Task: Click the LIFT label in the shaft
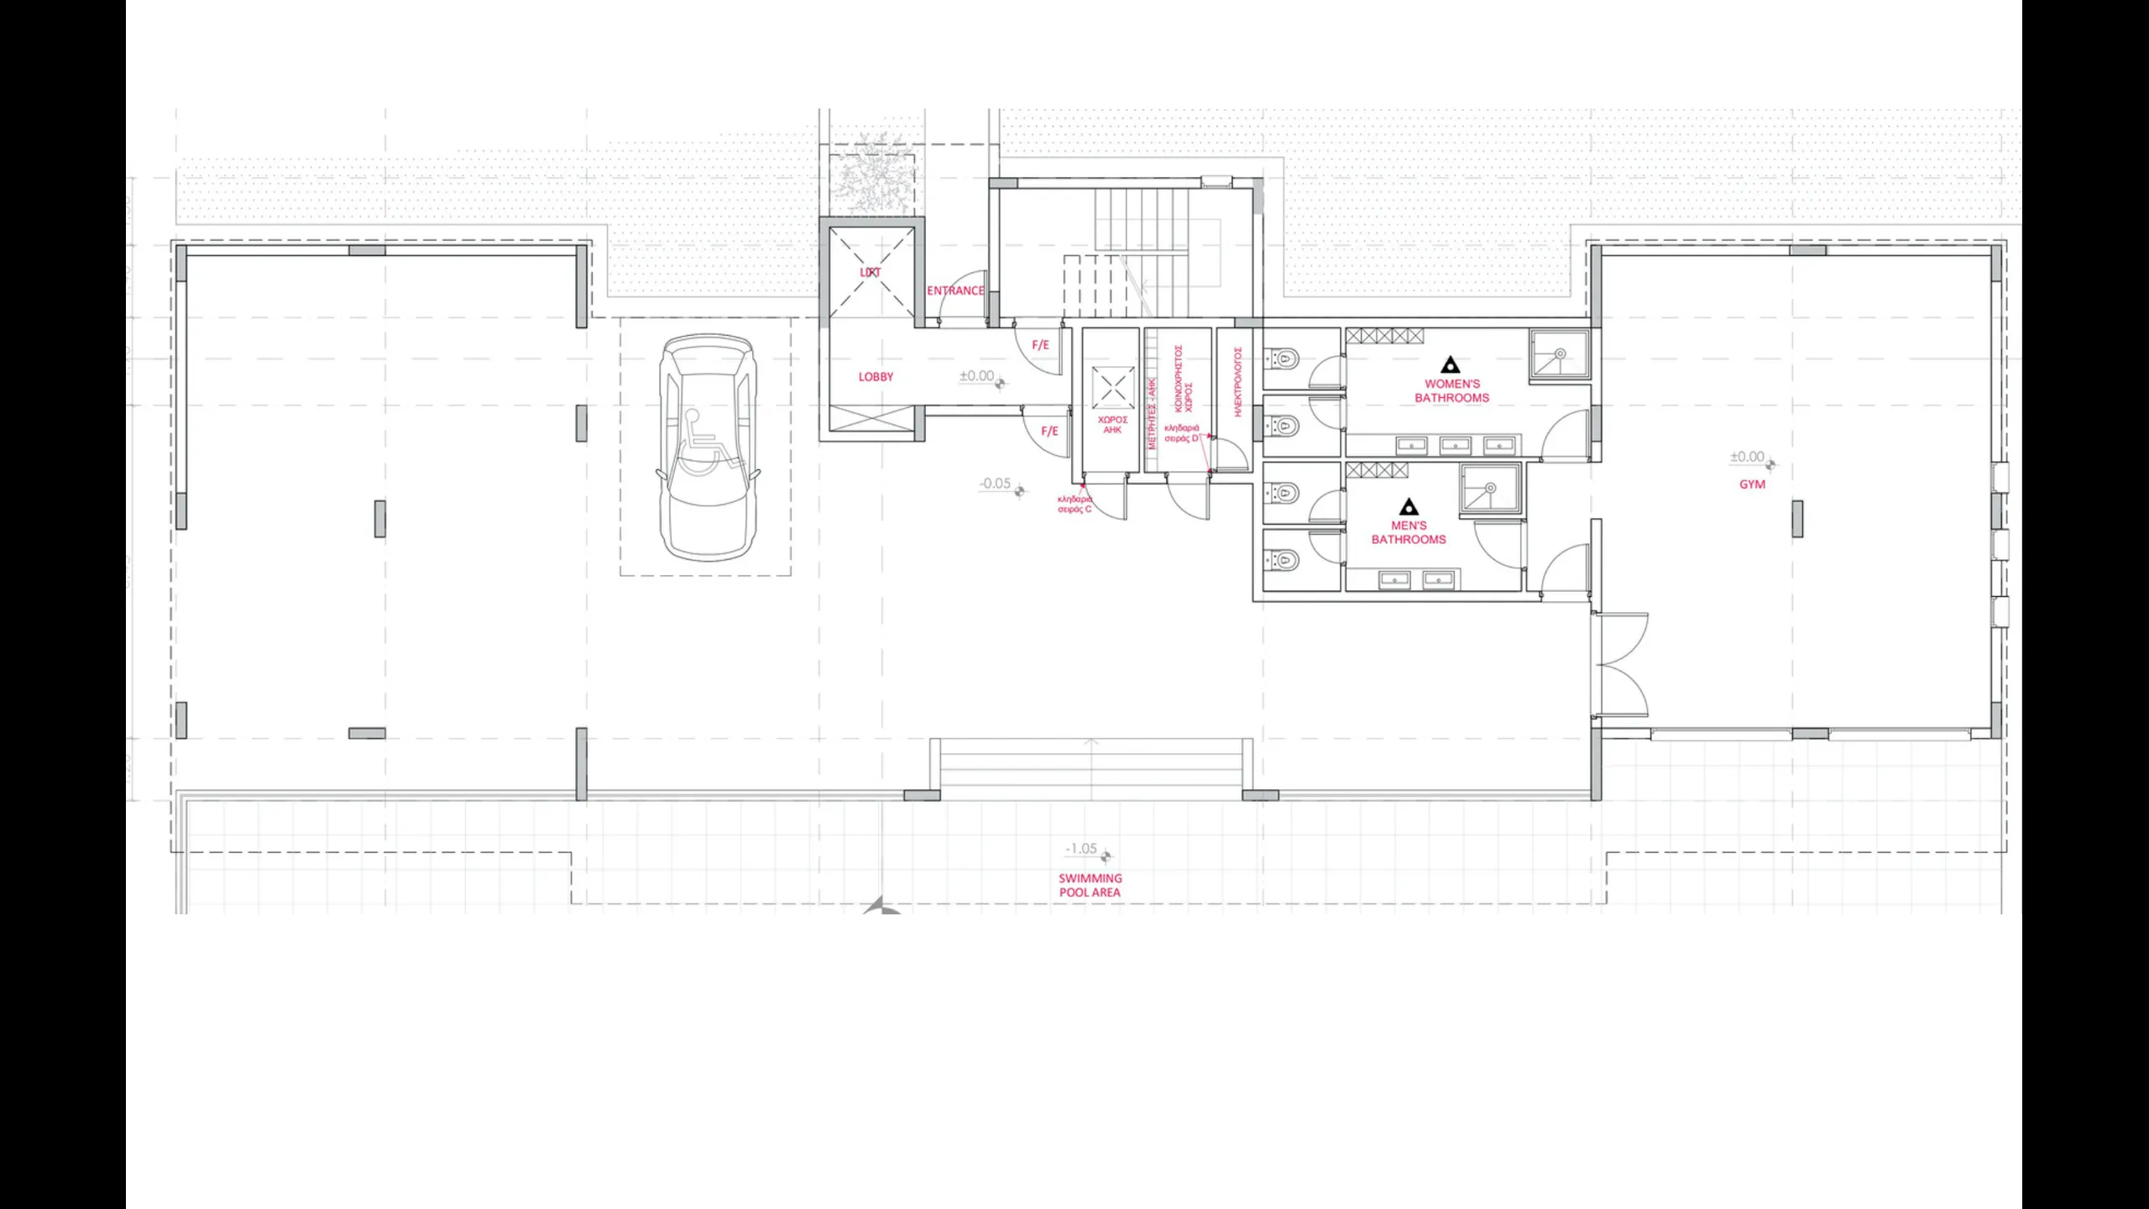(871, 273)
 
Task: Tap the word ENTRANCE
(955, 290)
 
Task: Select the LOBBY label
(876, 377)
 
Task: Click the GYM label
(1752, 484)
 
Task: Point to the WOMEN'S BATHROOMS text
(1451, 391)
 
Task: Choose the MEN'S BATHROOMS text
(1409, 532)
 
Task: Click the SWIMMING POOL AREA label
(1090, 885)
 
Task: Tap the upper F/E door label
(1040, 345)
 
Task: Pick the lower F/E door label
(1049, 432)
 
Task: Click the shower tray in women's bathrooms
(1559, 357)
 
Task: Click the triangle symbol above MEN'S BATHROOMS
(1409, 507)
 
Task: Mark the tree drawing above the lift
(873, 181)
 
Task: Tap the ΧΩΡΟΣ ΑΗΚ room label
(1112, 425)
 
